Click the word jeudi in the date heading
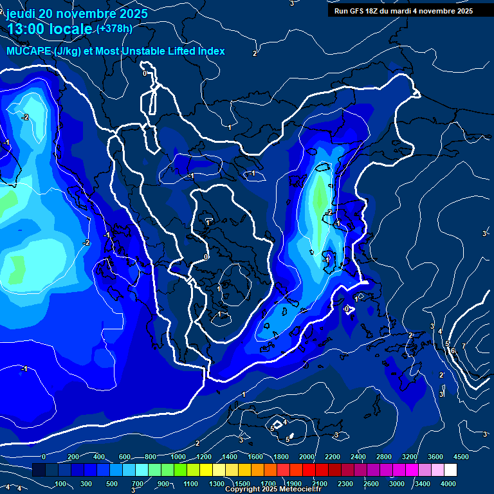coord(23,14)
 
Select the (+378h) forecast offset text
coord(114,29)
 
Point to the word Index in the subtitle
coord(210,51)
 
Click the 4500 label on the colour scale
coord(461,457)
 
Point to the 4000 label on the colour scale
coord(448,484)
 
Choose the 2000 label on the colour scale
coord(306,457)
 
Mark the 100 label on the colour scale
coord(62,484)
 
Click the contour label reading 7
coord(463,347)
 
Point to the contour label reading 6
coord(453,351)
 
